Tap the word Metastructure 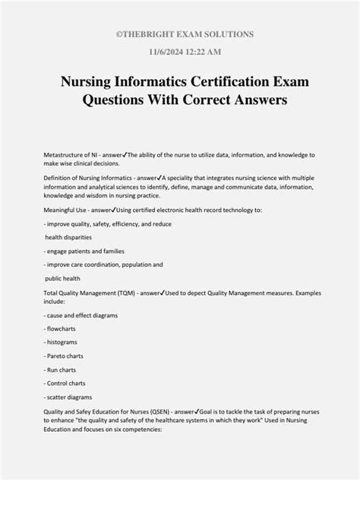coord(67,154)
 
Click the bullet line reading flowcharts coord(67,328)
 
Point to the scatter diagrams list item coord(73,396)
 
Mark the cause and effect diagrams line coord(85,315)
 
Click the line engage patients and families coord(84,251)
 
